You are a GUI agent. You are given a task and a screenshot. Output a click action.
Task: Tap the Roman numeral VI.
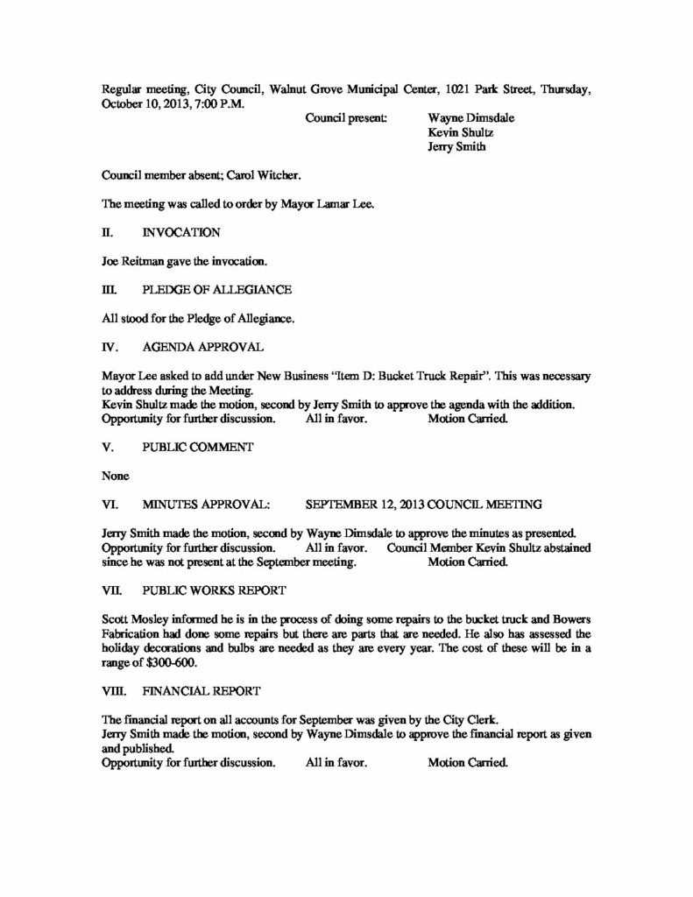click(110, 504)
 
